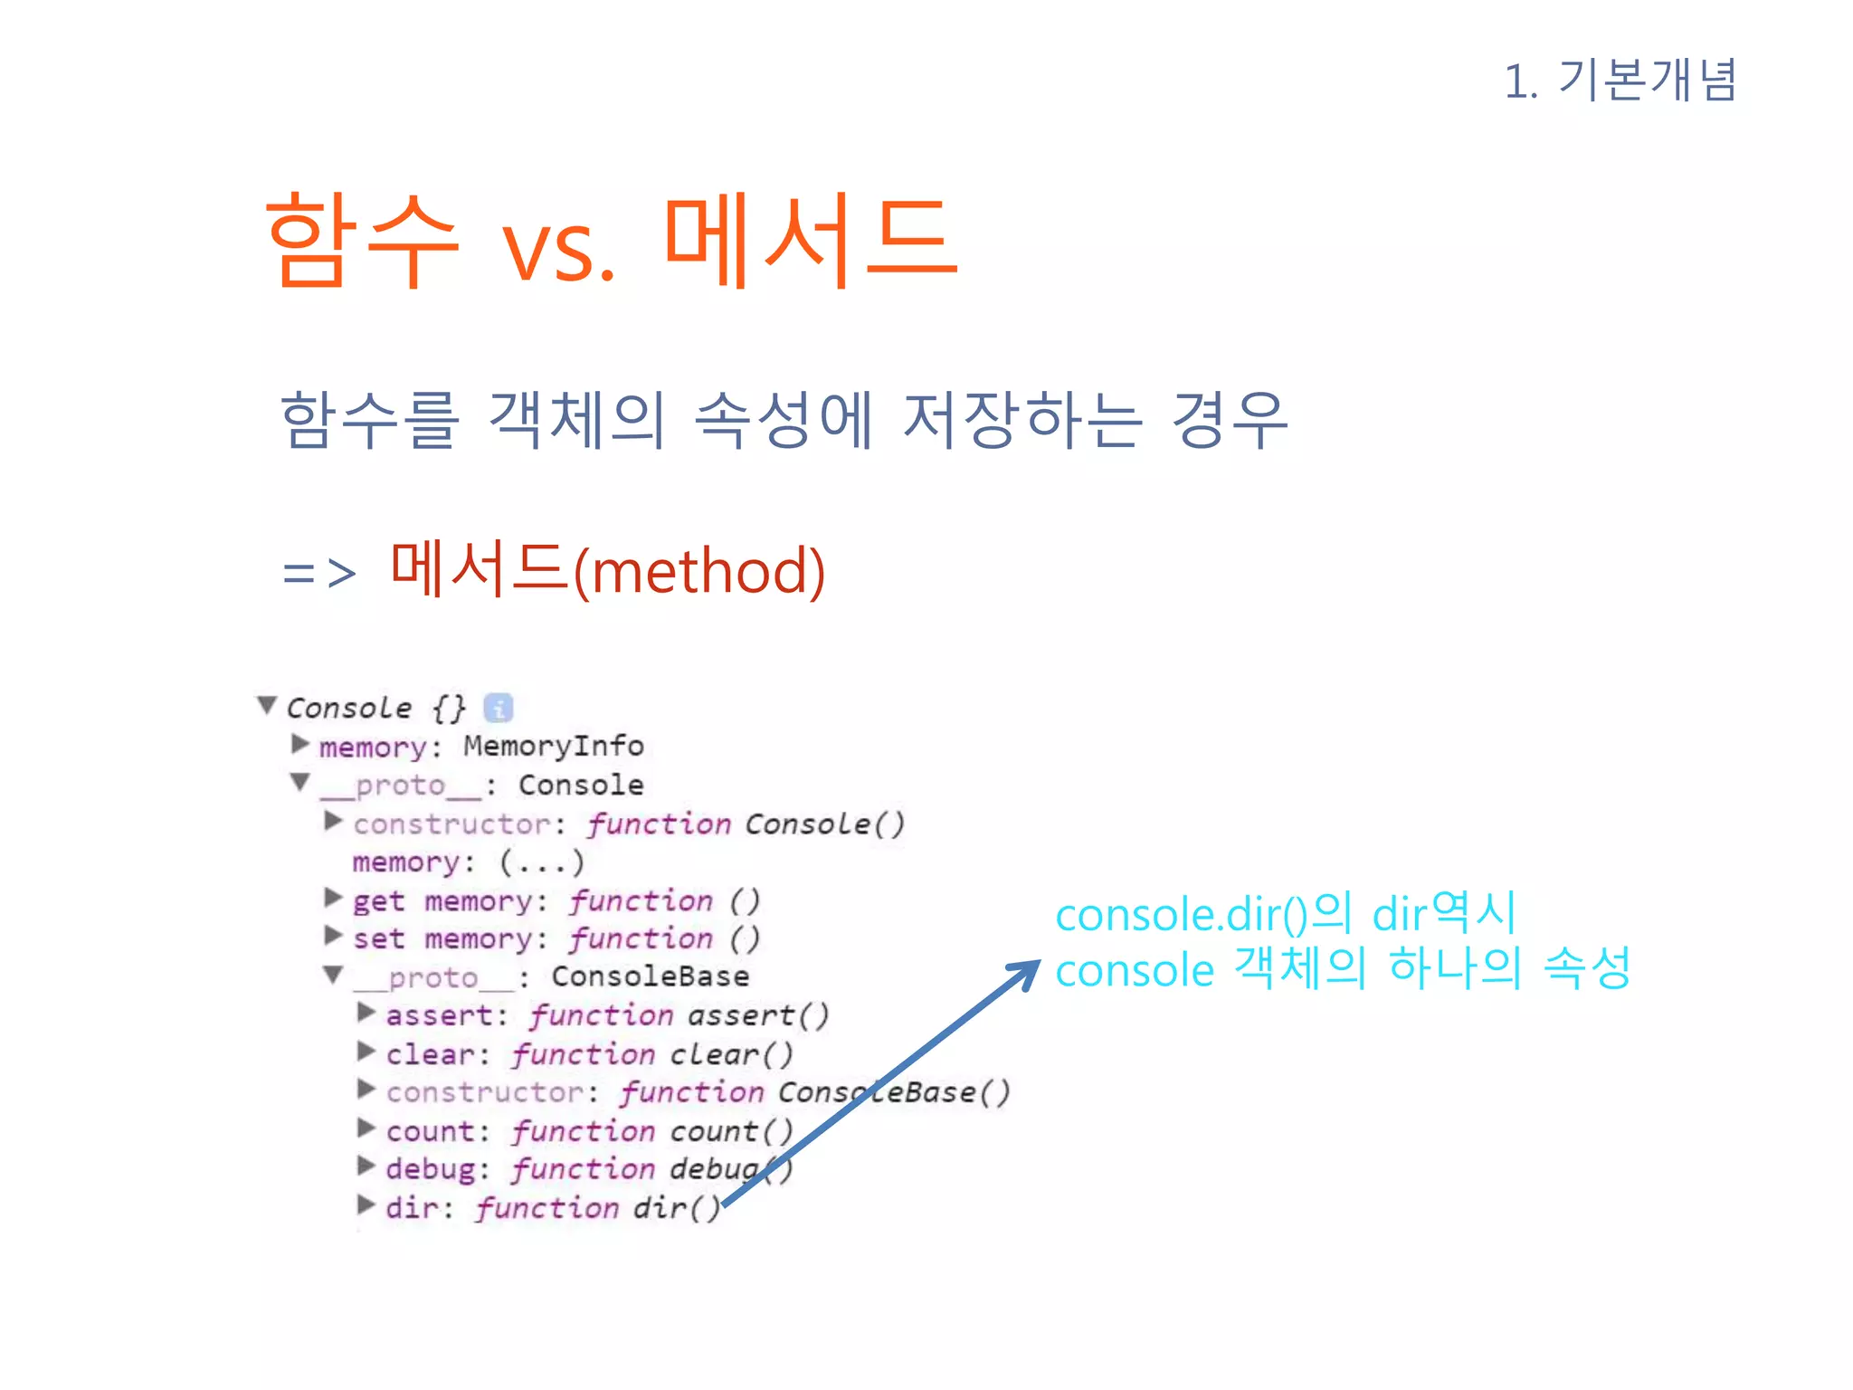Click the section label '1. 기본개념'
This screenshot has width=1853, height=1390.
pyautogui.click(x=1620, y=81)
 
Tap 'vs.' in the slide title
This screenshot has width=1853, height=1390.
pyautogui.click(x=558, y=251)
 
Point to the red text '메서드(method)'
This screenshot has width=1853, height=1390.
pyautogui.click(x=607, y=570)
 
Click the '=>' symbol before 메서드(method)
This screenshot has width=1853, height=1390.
pyautogui.click(x=318, y=573)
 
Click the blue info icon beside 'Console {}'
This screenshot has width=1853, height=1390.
pyautogui.click(x=499, y=708)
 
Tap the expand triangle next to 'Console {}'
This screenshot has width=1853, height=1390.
pyautogui.click(x=267, y=704)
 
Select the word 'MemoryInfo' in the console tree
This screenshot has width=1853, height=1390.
pyautogui.click(x=553, y=746)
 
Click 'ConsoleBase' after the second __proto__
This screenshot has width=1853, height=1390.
pyautogui.click(x=650, y=976)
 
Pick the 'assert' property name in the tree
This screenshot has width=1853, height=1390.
pyautogui.click(x=440, y=1015)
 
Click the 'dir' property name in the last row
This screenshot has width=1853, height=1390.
pyautogui.click(x=412, y=1208)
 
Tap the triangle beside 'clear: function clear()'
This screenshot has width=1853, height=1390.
pyautogui.click(x=366, y=1051)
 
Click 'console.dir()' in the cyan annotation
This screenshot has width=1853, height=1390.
pyautogui.click(x=1182, y=915)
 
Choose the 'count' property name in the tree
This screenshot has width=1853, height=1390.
pyautogui.click(x=431, y=1131)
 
